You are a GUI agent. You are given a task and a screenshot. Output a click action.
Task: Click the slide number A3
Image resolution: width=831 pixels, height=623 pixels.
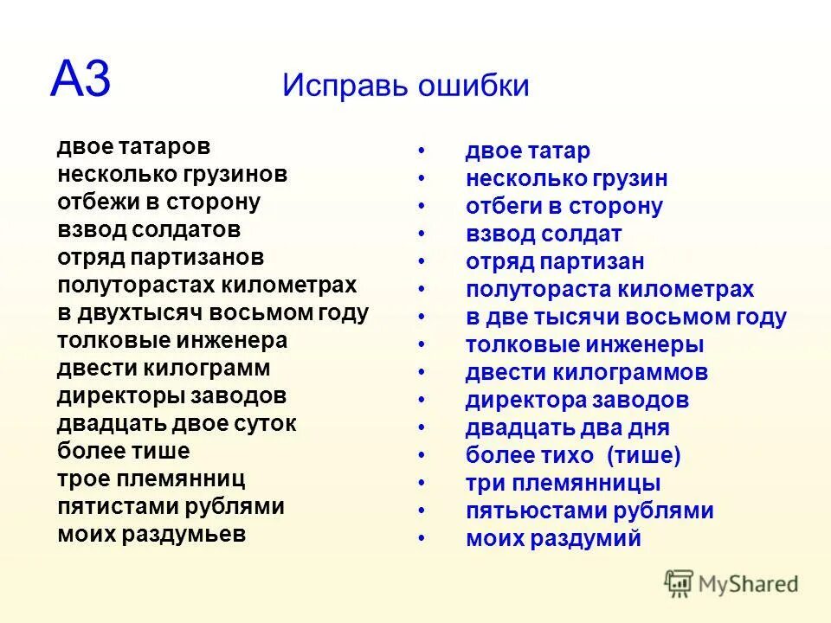point(81,80)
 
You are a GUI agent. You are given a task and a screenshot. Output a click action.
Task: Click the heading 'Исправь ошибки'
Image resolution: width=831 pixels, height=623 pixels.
point(405,86)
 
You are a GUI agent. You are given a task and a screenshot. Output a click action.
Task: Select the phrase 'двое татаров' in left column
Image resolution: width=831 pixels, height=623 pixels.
point(133,147)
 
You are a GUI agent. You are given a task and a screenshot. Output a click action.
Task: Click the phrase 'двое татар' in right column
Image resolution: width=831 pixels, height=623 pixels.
point(527,151)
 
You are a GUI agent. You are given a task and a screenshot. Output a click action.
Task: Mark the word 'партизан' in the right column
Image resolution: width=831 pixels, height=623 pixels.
point(593,262)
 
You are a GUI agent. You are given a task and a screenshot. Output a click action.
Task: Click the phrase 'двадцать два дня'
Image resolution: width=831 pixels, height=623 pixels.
point(567,428)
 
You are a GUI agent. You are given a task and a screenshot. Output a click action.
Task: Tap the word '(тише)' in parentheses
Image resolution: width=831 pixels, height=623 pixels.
point(643,456)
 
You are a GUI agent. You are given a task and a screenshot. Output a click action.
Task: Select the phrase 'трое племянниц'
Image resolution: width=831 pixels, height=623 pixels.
point(151,479)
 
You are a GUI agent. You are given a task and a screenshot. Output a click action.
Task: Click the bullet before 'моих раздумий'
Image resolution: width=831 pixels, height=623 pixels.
point(422,539)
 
